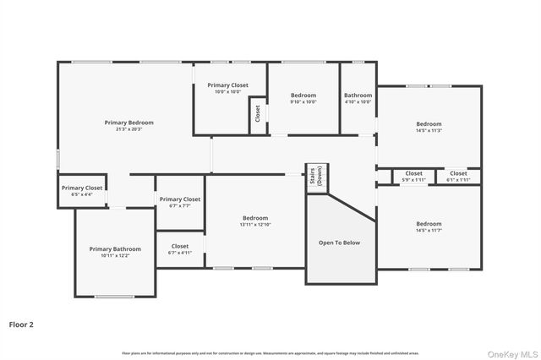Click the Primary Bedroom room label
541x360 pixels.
coord(128,123)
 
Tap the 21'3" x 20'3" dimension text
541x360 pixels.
coord(128,129)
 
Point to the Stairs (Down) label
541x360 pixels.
coord(318,177)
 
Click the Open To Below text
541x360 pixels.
coord(339,243)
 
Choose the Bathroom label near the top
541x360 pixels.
coord(358,95)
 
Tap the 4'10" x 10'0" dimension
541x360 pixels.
coord(358,102)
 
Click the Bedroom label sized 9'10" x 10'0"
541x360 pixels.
coord(303,95)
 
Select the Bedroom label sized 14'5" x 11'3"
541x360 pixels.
coord(429,123)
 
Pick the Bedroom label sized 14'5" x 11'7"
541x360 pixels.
coord(429,223)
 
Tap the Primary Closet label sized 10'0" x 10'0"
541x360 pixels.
coord(227,85)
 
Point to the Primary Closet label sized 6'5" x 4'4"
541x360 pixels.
coord(82,188)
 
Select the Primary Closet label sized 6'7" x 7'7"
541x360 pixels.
coord(180,199)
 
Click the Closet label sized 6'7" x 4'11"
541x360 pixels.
coord(180,246)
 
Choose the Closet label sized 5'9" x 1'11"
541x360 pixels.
coord(413,173)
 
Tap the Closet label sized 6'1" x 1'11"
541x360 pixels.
coord(457,173)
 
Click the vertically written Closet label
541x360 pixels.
coord(257,113)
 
